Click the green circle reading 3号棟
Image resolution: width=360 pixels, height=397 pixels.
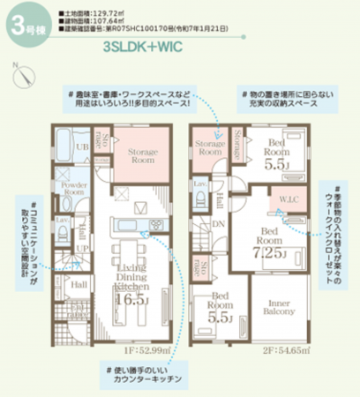click(22, 24)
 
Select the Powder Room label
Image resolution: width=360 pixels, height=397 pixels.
click(75, 188)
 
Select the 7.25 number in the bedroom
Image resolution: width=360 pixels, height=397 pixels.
click(268, 251)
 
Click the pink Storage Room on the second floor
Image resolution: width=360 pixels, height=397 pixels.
click(210, 147)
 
